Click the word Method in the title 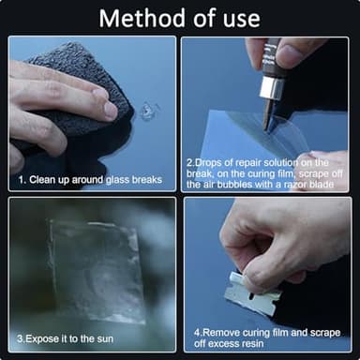pos(141,17)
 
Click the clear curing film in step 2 pos(244,141)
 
